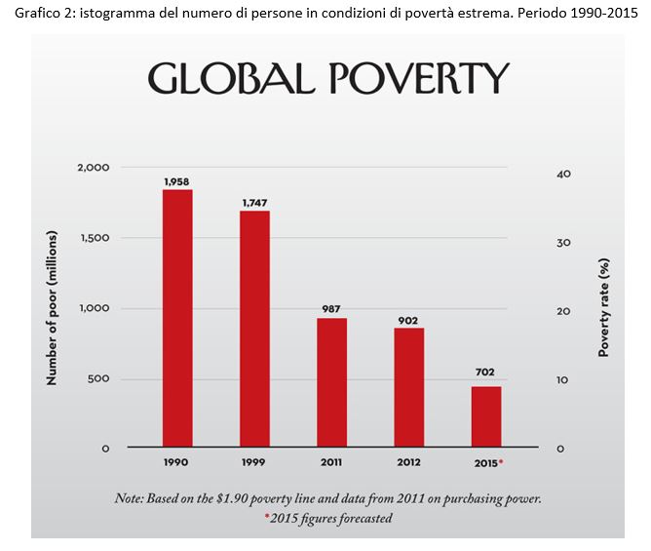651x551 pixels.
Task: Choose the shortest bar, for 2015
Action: click(486, 414)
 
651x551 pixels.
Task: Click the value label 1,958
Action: click(177, 181)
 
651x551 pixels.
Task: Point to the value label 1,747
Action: click(254, 203)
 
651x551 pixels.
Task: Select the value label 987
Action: click(332, 309)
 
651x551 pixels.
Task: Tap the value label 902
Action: click(409, 319)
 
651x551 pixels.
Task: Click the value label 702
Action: click(486, 373)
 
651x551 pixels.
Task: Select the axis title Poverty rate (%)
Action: click(603, 307)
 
